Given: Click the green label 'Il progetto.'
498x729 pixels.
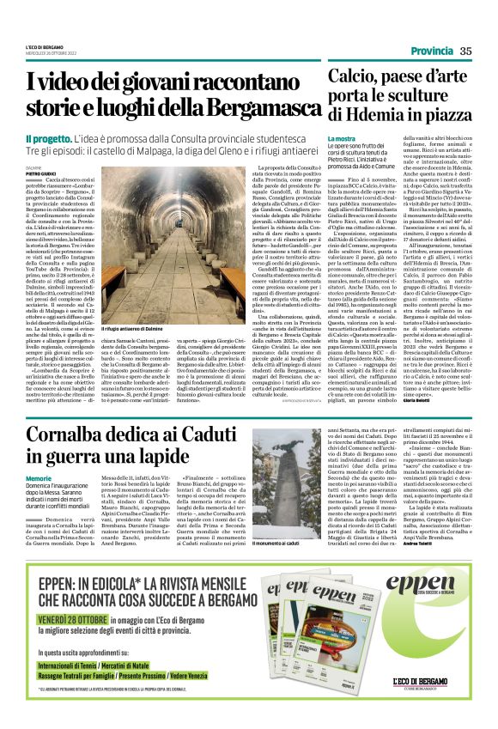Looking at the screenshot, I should point(47,137).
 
